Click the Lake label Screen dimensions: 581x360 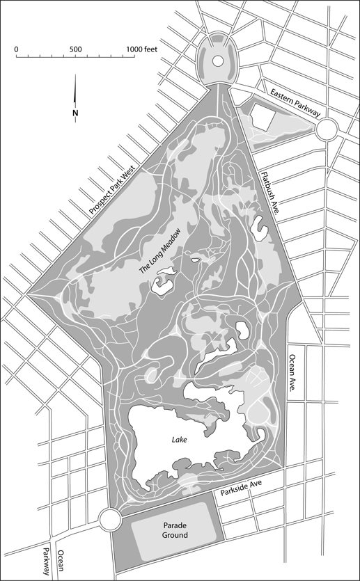point(180,440)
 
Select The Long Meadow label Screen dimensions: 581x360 point(164,250)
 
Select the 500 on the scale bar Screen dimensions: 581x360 point(75,49)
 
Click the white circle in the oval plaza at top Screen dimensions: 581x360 point(217,61)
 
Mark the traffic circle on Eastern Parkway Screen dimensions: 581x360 point(327,128)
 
